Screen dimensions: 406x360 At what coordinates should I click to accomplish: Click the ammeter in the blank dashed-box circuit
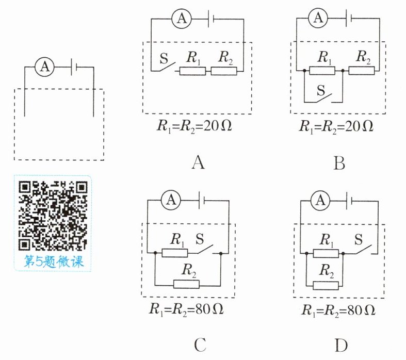tap(44, 67)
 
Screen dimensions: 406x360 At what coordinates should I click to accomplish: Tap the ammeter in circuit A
tap(182, 19)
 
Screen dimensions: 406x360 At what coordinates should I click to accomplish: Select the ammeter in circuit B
tap(318, 18)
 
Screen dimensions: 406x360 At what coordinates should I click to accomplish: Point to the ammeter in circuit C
tap(171, 200)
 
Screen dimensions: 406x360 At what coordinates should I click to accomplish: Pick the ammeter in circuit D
tap(320, 201)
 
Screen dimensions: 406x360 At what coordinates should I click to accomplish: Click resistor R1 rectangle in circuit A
tap(192, 71)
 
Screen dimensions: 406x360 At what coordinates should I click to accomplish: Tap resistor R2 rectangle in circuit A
tap(224, 71)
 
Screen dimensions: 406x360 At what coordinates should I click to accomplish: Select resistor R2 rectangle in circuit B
tap(362, 70)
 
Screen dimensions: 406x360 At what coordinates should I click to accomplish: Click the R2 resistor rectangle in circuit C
tap(186, 284)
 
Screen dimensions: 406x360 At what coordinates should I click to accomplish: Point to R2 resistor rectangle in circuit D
tap(326, 286)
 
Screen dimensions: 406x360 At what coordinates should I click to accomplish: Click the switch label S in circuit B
tap(321, 90)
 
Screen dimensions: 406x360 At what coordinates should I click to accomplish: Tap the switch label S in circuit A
tap(164, 58)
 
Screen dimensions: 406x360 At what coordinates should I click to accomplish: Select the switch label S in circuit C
tap(200, 239)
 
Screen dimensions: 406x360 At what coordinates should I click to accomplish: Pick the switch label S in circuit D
tap(359, 239)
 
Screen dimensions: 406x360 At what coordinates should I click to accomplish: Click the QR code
tap(53, 216)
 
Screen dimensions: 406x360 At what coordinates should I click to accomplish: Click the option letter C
tap(200, 345)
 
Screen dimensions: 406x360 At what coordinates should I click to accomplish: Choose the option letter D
tap(341, 345)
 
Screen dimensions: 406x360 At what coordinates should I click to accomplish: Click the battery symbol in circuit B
tap(349, 18)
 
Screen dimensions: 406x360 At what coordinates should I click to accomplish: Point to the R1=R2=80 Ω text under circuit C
tap(186, 309)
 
